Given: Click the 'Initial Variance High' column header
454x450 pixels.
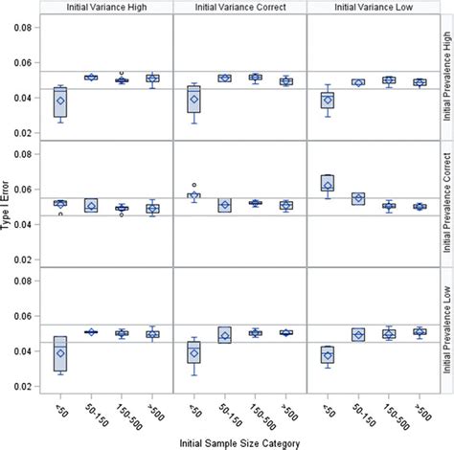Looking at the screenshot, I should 107,8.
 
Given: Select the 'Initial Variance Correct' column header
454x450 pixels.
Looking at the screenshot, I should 239,8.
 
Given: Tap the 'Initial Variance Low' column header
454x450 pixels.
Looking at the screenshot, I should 371,8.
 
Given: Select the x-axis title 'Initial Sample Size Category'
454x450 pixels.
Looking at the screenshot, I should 239,440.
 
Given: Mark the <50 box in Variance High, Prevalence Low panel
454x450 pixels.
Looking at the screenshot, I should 60,352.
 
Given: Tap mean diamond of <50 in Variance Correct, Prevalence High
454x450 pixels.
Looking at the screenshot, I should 194,100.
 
